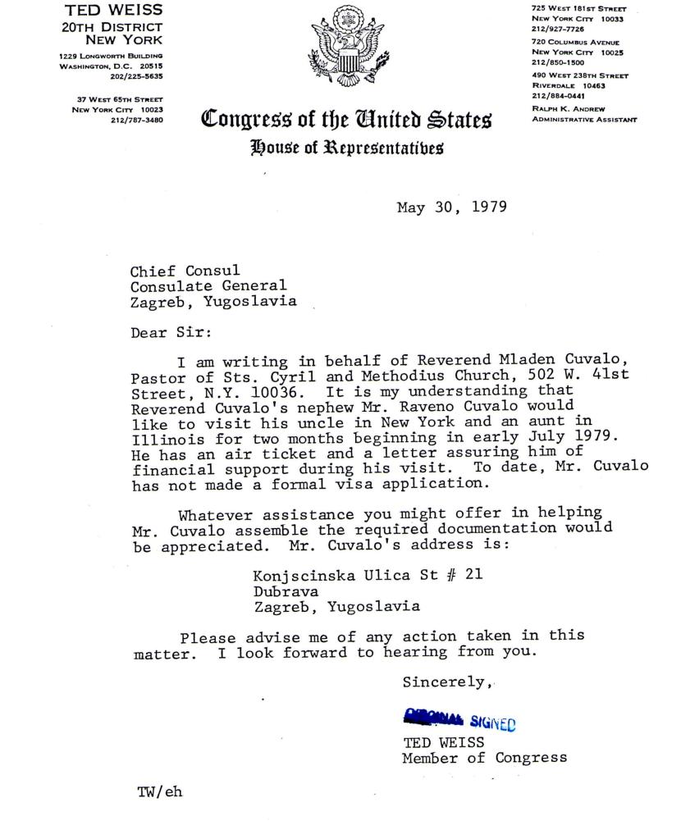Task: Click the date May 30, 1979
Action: click(451, 207)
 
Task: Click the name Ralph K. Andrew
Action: click(569, 107)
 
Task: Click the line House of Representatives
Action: click(347, 148)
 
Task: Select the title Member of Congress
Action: click(484, 758)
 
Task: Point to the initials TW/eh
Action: click(159, 793)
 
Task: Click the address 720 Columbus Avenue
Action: click(575, 42)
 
